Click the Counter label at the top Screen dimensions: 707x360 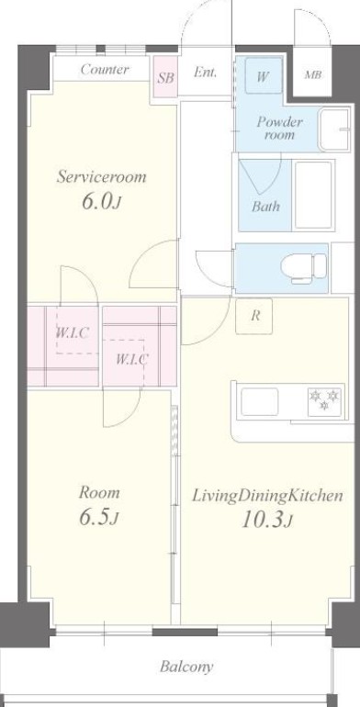pos(104,71)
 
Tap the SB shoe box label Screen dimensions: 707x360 pos(165,78)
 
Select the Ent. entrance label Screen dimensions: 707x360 pos(206,73)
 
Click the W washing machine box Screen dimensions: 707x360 pos(263,77)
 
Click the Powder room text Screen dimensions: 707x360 pos(279,128)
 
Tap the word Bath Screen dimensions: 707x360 pos(265,206)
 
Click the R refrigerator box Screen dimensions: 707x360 pos(255,316)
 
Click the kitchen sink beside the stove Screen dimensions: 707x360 pos(261,401)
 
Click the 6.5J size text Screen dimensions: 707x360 pos(97,518)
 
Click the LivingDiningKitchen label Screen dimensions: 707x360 pos(267,496)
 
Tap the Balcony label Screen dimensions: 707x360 pos(186,667)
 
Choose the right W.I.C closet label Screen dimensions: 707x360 pos(132,359)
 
